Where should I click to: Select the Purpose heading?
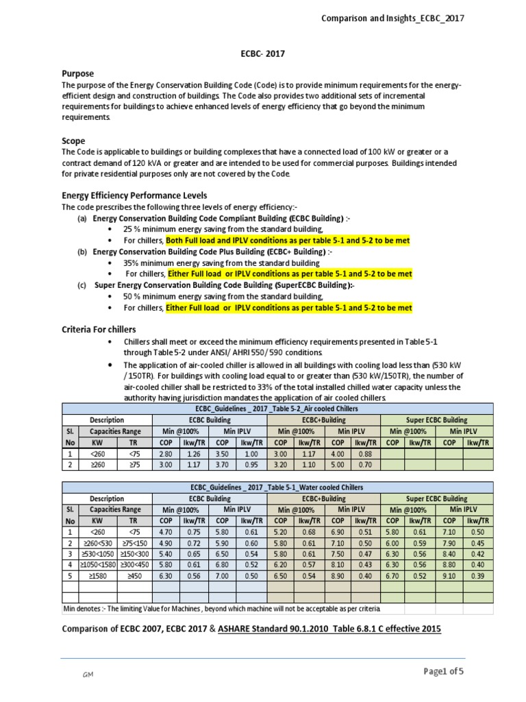pos(77,73)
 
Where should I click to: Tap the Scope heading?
pos(73,141)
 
